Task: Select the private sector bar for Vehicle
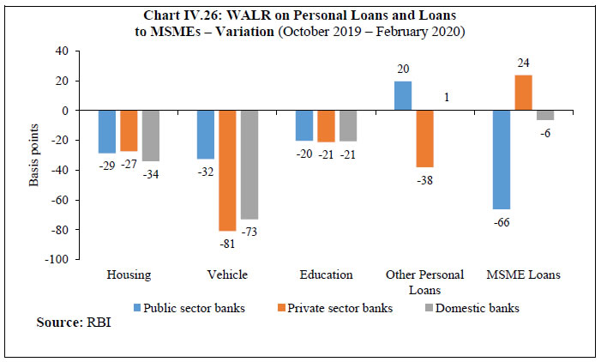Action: point(227,171)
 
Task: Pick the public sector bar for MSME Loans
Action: point(502,160)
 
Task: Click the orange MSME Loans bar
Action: point(523,93)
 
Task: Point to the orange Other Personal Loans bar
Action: point(424,139)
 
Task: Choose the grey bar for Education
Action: point(347,126)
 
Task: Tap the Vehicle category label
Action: point(227,275)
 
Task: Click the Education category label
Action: point(326,275)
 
